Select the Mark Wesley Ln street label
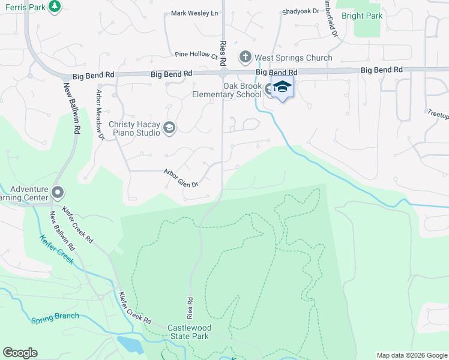point(194,13)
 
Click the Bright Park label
point(361,16)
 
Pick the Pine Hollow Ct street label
point(196,55)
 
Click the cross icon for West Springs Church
point(245,58)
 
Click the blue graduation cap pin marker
point(282,88)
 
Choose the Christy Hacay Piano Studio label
point(134,128)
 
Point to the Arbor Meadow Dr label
point(100,116)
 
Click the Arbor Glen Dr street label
point(181,178)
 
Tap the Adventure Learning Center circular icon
point(58,193)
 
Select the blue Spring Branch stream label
point(55,317)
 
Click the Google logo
point(20,353)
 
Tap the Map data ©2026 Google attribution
point(411,355)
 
